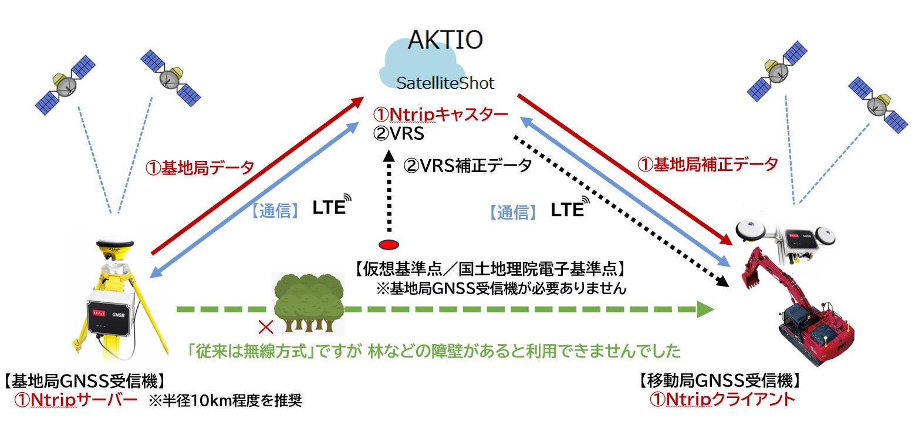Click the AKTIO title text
(445, 39)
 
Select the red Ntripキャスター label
(440, 115)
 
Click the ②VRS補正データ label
(467, 166)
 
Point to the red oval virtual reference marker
(389, 244)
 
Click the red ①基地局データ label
(200, 168)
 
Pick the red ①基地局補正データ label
(707, 164)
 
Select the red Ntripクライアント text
(722, 400)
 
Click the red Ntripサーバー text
(76, 400)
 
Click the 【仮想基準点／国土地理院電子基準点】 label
(489, 270)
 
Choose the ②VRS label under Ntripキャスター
(399, 133)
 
